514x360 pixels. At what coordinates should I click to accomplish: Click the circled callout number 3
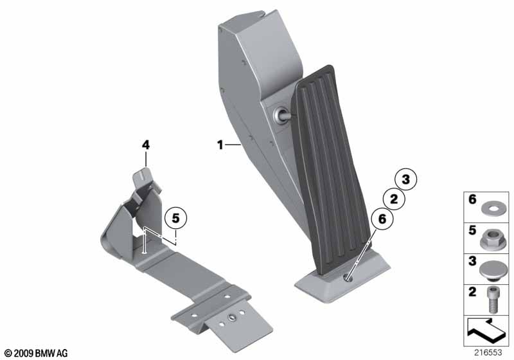pyautogui.click(x=406, y=179)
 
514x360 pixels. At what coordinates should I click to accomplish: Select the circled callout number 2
pyautogui.click(x=394, y=199)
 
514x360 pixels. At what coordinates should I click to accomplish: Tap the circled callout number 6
pyautogui.click(x=382, y=219)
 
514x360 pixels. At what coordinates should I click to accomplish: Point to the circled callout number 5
pyautogui.click(x=175, y=218)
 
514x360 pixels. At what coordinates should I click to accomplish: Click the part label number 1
pyautogui.click(x=220, y=145)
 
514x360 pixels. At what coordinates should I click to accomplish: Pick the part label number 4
pyautogui.click(x=146, y=145)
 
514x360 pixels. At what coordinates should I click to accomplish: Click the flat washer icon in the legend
pyautogui.click(x=490, y=208)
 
